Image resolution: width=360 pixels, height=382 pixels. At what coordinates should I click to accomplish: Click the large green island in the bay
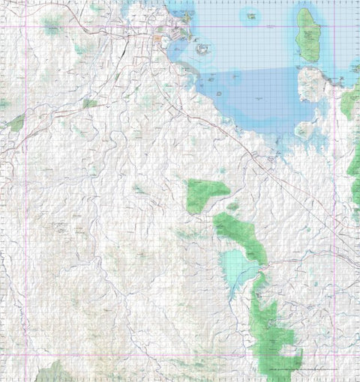[307, 35]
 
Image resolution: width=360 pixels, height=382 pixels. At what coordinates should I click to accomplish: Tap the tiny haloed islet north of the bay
[249, 13]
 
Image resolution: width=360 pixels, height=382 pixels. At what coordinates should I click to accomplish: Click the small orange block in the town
[158, 37]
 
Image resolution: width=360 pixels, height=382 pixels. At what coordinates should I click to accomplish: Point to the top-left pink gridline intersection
[26, 27]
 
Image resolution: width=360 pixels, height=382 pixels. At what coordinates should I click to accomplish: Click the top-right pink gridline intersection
[334, 27]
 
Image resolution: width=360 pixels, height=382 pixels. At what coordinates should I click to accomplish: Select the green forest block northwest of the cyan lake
[204, 194]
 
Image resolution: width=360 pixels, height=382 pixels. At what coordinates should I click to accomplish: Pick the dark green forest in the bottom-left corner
[54, 372]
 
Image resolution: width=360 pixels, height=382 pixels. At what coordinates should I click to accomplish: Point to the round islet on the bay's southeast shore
[303, 132]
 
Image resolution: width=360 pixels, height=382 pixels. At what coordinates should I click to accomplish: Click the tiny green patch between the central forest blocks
[233, 206]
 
